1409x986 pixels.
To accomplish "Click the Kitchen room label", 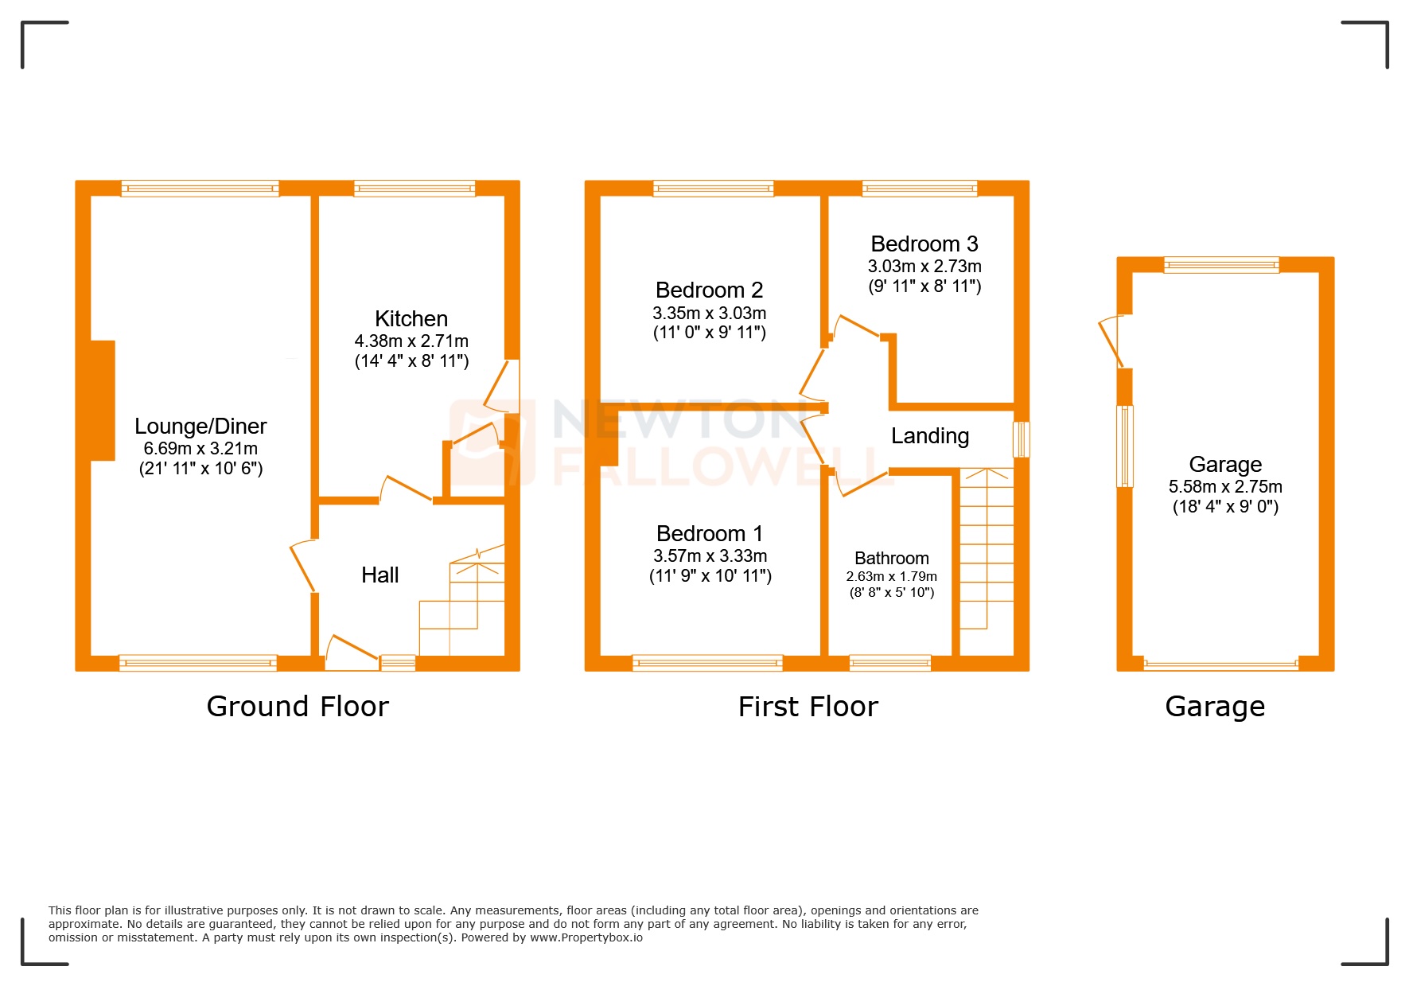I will pyautogui.click(x=411, y=319).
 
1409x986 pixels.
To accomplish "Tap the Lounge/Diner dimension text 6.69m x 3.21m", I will pyautogui.click(x=200, y=449).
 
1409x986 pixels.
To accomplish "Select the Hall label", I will pyautogui.click(x=379, y=575).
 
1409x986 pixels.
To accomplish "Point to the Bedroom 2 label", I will pyautogui.click(x=709, y=290).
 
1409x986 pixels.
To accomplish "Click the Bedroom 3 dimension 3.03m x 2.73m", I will pyautogui.click(x=924, y=267).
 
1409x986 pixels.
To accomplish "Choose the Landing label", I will pyautogui.click(x=929, y=436).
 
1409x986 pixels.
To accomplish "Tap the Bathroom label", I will pyautogui.click(x=891, y=559).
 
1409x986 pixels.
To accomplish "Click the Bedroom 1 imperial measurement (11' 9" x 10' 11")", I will pyautogui.click(x=710, y=576).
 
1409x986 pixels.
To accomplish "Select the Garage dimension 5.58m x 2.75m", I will pyautogui.click(x=1225, y=487).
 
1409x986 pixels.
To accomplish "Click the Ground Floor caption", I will pyautogui.click(x=298, y=707).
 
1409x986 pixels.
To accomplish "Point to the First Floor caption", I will pyautogui.click(x=808, y=707).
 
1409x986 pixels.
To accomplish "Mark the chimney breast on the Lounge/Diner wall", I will pyautogui.click(x=103, y=400).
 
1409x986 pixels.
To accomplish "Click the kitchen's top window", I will pyautogui.click(x=415, y=189).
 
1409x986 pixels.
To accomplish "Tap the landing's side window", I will pyautogui.click(x=1022, y=439).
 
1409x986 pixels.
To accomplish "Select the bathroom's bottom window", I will pyautogui.click(x=890, y=662).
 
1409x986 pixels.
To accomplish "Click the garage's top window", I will pyautogui.click(x=1221, y=265).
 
